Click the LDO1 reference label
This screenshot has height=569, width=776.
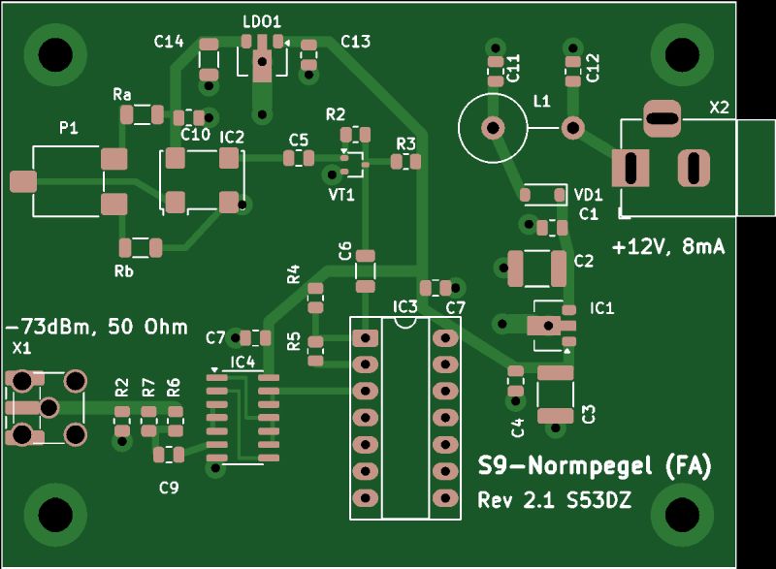[261, 20]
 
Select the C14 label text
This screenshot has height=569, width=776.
[169, 42]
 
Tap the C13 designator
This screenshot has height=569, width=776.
[355, 42]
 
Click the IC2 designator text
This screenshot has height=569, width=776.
[232, 138]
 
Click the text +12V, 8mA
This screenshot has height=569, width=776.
[668, 247]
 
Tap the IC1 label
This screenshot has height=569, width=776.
[601, 308]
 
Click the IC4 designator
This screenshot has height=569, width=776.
[242, 362]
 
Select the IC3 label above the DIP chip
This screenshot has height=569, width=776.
[404, 307]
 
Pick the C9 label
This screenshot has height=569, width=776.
[169, 488]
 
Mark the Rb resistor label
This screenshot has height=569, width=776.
[123, 270]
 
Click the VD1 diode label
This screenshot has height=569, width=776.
[589, 194]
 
